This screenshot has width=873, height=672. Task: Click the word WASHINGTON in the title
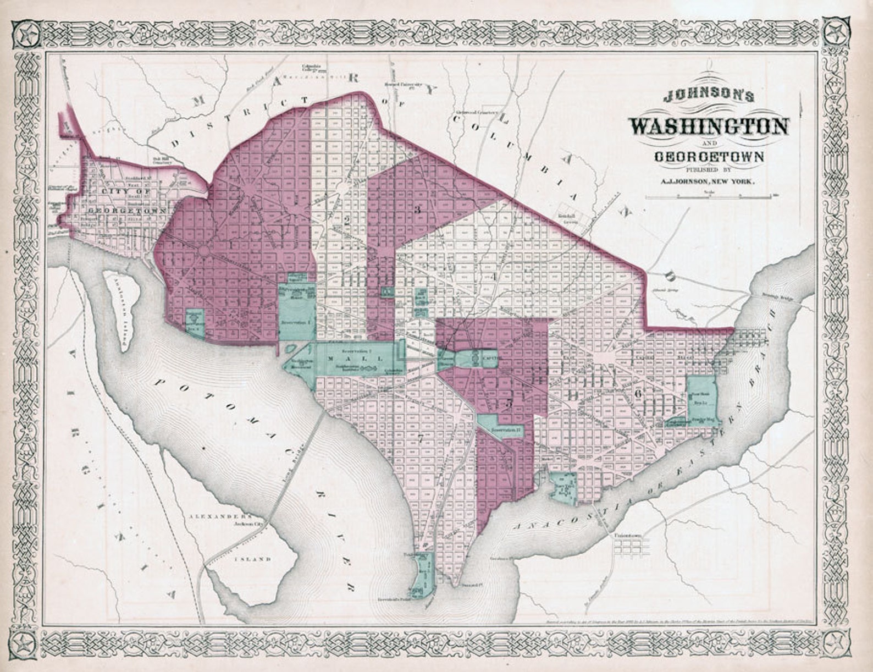coord(709,126)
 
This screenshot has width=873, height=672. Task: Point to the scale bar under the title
coord(709,195)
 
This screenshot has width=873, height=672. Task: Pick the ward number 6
coord(638,393)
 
